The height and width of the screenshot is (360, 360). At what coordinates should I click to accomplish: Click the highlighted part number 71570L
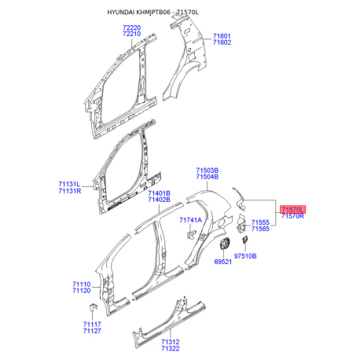click(292, 210)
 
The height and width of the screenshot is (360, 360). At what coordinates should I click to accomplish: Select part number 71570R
click(292, 216)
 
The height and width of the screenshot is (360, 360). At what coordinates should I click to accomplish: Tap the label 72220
click(132, 28)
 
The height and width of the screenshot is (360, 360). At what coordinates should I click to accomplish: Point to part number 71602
click(222, 42)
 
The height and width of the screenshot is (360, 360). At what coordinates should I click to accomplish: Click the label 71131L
click(69, 184)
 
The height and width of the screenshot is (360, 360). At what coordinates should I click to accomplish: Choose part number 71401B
click(159, 193)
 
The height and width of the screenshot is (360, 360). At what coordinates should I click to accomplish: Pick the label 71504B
click(208, 177)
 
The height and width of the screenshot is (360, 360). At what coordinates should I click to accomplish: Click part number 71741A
click(191, 220)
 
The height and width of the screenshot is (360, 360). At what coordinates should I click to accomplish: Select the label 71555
click(260, 222)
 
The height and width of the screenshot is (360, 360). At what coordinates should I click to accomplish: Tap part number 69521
click(223, 262)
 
